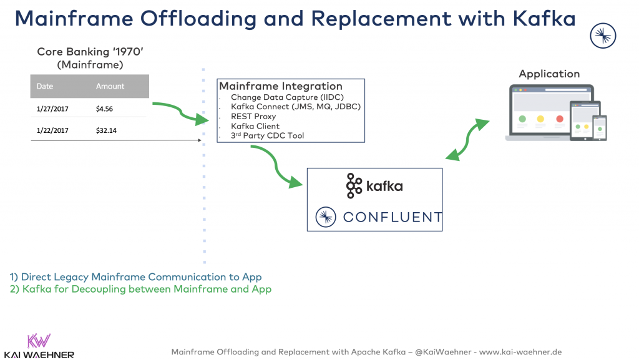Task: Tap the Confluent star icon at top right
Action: click(603, 36)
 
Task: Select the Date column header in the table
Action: click(45, 86)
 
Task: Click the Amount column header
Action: click(110, 86)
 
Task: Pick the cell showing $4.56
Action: click(104, 109)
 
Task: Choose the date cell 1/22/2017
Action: click(52, 131)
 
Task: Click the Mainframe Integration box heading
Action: click(280, 86)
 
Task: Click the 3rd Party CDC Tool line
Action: click(267, 135)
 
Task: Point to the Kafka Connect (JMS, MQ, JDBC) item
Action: click(296, 107)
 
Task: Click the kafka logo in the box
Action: click(374, 186)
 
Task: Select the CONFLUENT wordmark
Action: click(393, 217)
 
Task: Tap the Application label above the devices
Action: click(549, 74)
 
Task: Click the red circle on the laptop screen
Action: click(560, 119)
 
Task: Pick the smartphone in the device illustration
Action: click(600, 128)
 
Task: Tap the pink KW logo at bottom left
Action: click(39, 341)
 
